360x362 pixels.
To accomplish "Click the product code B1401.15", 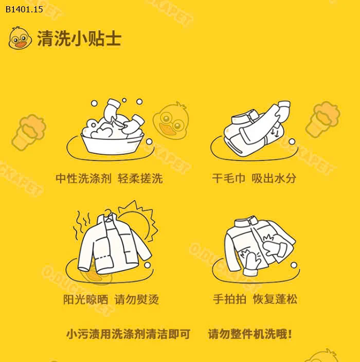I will (x=22, y=9).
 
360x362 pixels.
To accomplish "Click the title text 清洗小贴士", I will (x=79, y=39).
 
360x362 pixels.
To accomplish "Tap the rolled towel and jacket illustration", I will (x=257, y=129).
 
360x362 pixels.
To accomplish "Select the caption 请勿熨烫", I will (x=136, y=299).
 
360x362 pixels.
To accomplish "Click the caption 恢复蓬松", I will (x=275, y=299).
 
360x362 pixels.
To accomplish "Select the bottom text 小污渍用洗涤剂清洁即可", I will (x=128, y=334).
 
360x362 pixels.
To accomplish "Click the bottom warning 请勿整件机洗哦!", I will (x=250, y=334).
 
